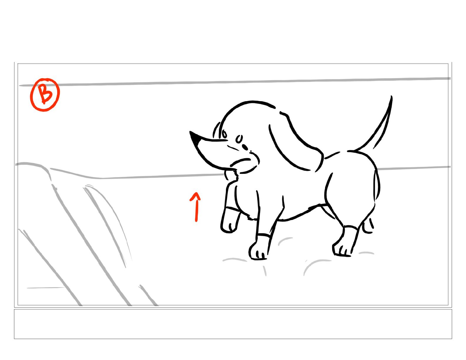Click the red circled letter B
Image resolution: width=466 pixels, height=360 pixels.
45,94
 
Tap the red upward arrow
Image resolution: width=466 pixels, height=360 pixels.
196,207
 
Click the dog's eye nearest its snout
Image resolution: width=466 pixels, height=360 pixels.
224,134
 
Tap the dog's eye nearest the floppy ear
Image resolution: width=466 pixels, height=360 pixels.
239,139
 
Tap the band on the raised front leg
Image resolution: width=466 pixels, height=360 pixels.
233,209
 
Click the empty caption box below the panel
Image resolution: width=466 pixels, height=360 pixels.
233,324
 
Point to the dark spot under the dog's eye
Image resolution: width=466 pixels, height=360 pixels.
245,147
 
